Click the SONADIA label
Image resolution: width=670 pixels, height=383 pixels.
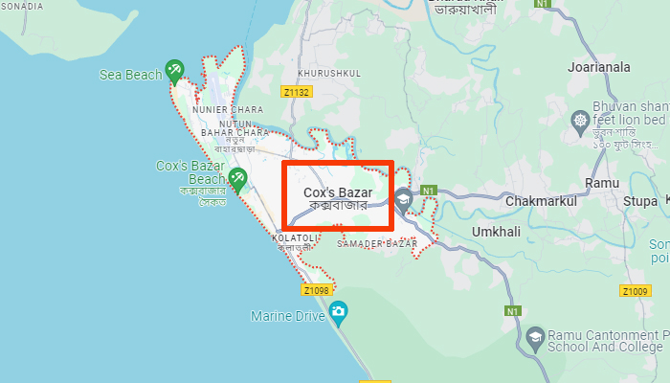pyautogui.click(x=21, y=6)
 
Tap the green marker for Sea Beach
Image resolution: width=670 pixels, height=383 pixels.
pyautogui.click(x=173, y=69)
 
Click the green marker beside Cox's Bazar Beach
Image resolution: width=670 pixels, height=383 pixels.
pyautogui.click(x=237, y=177)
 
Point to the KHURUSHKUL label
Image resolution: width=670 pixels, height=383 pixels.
pyautogui.click(x=329, y=73)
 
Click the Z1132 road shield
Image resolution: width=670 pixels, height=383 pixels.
pyautogui.click(x=297, y=92)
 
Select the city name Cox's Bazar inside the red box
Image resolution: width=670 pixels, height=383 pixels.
pyautogui.click(x=337, y=192)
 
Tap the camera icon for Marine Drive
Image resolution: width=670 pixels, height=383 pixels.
pyautogui.click(x=338, y=311)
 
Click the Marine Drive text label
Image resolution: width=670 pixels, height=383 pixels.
pyautogui.click(x=286, y=315)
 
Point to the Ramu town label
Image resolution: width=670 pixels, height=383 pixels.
pyautogui.click(x=600, y=182)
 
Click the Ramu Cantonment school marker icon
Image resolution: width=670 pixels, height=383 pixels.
pyautogui.click(x=535, y=336)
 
